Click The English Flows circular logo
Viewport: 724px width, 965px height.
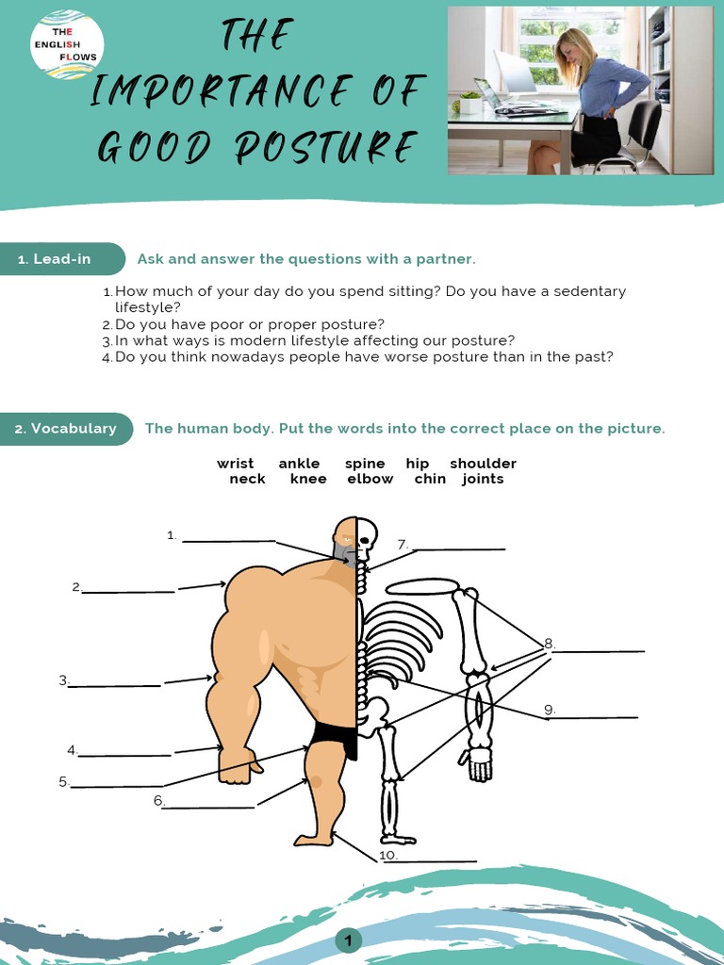point(67,44)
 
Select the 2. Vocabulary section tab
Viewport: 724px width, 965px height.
point(65,429)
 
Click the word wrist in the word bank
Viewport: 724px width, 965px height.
point(235,464)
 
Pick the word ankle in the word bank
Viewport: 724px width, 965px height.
point(299,464)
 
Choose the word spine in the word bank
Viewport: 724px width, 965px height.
point(365,464)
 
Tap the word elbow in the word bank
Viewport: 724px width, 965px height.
point(370,479)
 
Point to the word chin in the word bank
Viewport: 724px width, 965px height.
point(429,479)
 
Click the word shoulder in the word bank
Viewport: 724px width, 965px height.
point(483,464)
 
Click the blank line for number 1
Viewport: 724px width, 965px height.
point(228,540)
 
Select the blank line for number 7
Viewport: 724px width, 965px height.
point(458,548)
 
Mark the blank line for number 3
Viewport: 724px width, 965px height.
point(115,685)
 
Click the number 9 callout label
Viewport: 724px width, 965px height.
point(549,710)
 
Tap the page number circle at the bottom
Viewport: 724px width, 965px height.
point(348,940)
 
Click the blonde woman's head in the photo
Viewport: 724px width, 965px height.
point(574,47)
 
